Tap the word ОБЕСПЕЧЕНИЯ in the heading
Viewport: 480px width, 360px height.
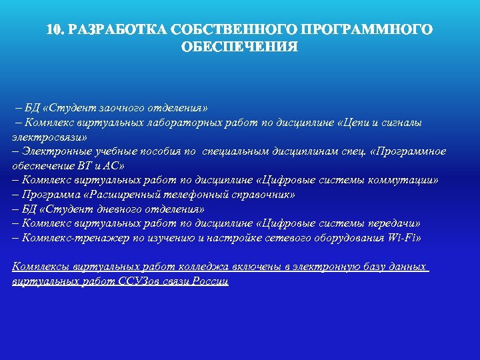click(x=239, y=47)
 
